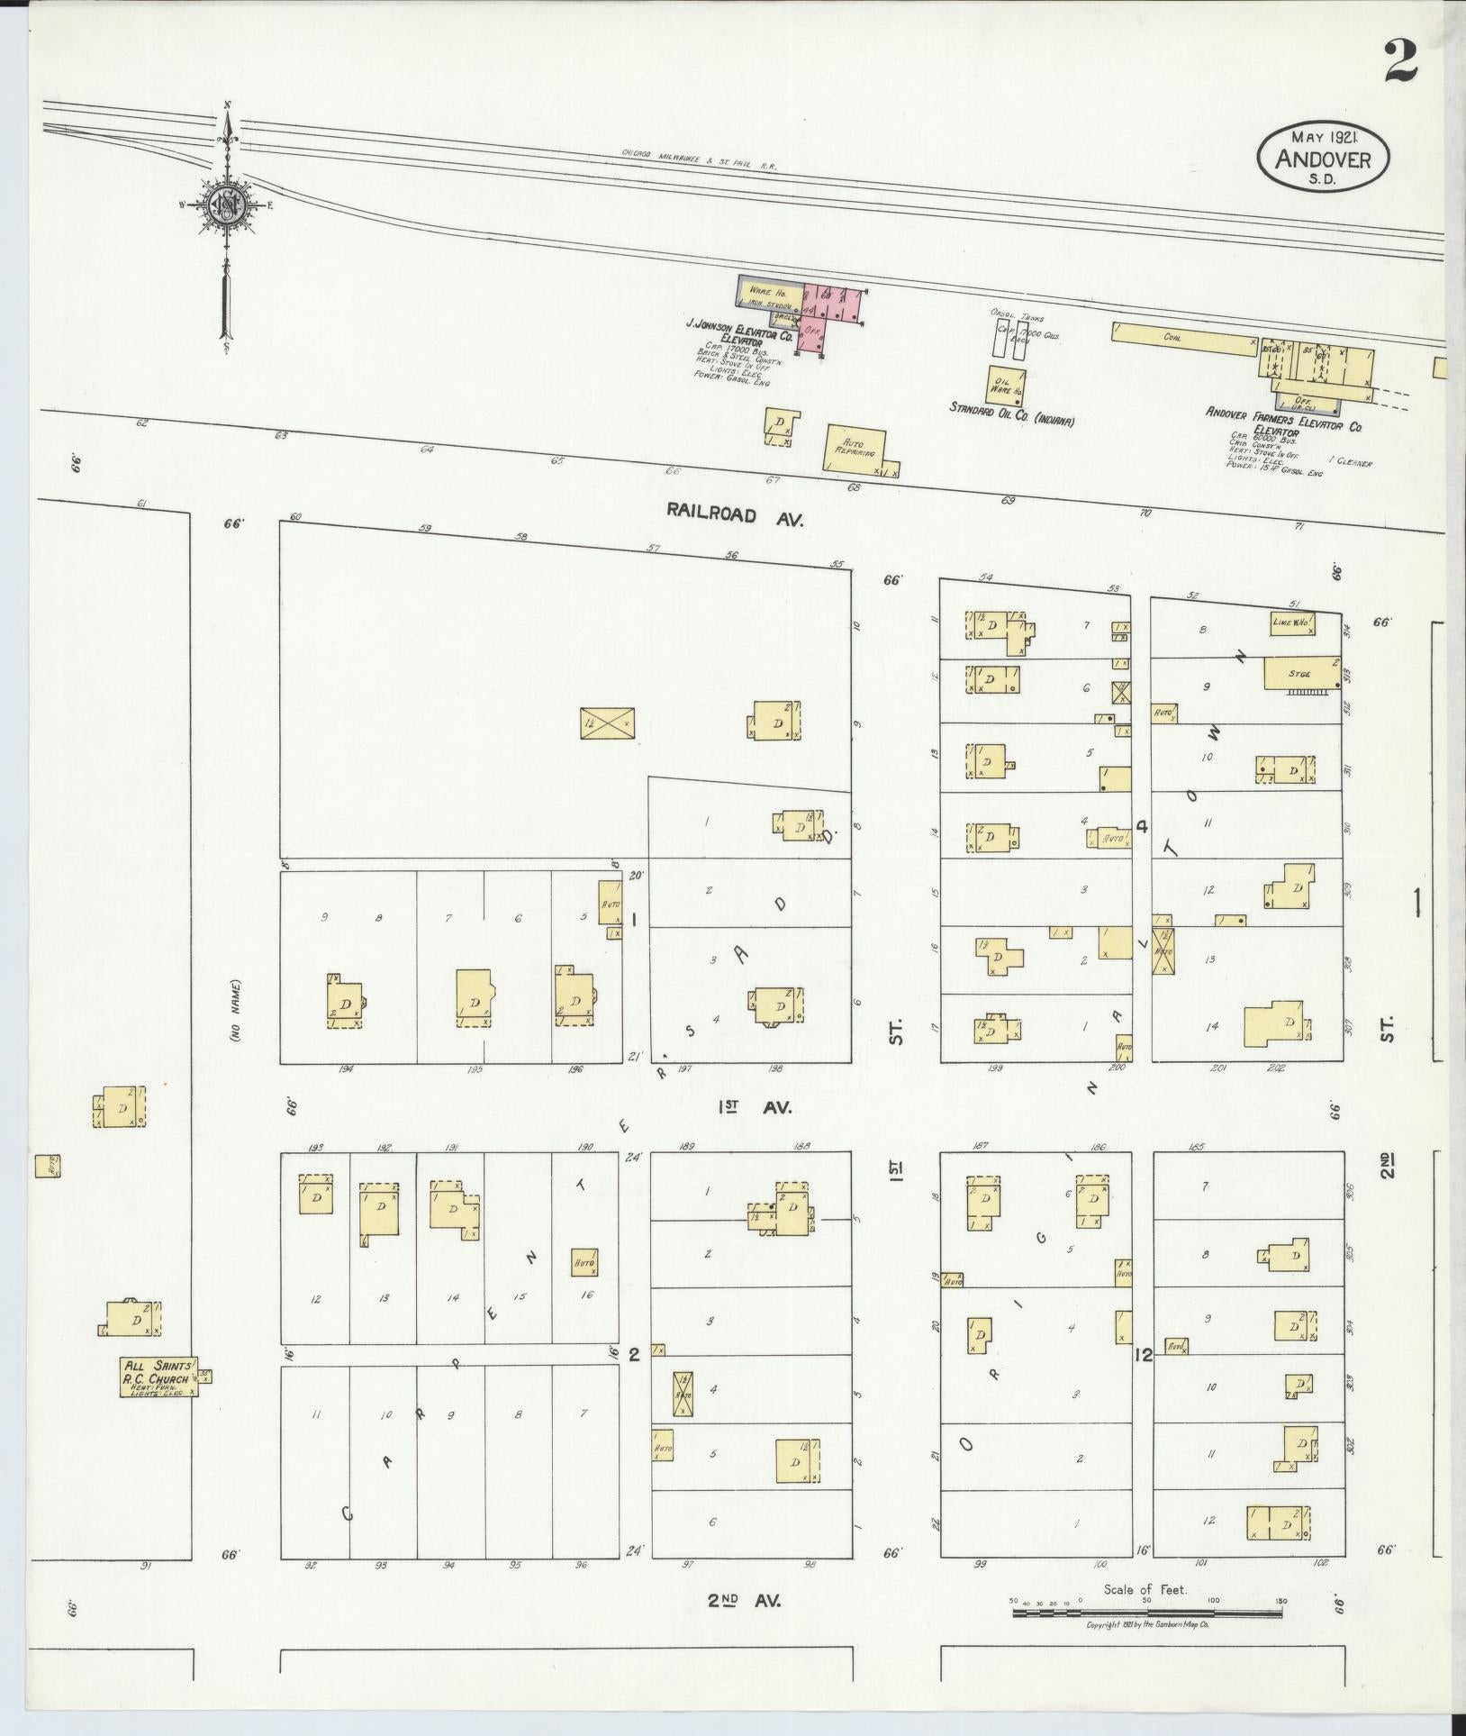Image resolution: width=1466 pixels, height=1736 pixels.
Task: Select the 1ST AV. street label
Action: tap(754, 1108)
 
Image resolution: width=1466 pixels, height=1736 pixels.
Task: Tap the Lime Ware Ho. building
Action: tap(1293, 623)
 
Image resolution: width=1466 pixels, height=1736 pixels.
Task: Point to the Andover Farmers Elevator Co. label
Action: tap(1284, 418)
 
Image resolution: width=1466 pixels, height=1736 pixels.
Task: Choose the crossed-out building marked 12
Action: tap(606, 723)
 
